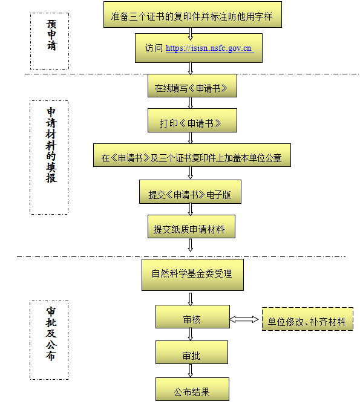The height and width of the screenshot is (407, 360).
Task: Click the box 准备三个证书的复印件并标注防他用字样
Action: coord(192,15)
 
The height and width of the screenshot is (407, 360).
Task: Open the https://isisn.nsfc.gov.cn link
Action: coord(209,48)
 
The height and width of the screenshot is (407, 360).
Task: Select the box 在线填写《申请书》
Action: coord(192,86)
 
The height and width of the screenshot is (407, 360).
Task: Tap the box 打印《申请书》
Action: coord(192,120)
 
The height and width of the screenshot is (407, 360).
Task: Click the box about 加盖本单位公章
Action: coord(192,155)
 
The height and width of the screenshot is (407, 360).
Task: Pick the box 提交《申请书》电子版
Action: coord(190,192)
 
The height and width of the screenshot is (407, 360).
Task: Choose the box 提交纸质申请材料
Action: coord(191,227)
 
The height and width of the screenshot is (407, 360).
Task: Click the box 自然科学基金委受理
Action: coord(192,275)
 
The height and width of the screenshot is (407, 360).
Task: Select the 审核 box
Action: coord(192,317)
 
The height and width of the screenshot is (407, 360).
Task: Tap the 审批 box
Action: coord(192,353)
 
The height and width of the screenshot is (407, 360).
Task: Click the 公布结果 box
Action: coord(192,389)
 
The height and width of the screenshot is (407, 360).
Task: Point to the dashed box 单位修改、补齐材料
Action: coord(307,319)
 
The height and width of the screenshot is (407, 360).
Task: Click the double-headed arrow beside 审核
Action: coord(244,319)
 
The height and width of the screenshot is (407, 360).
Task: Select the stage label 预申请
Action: coord(51,35)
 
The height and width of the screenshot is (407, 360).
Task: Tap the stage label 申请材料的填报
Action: coord(51,145)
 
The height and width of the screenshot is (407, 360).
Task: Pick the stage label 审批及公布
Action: coord(51,334)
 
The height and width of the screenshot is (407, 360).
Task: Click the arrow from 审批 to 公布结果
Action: coord(191,371)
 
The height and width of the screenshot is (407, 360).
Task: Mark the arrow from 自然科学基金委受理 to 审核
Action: coord(191,299)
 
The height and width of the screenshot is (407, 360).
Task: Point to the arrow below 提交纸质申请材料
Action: coord(191,246)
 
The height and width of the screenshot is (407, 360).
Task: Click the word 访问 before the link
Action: coord(154,48)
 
